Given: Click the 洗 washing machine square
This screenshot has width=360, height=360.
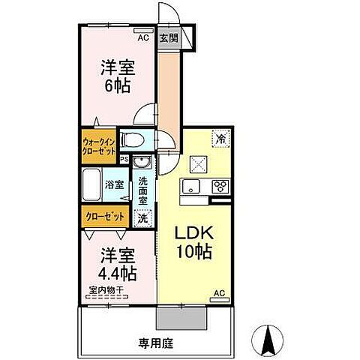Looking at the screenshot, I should tap(142, 217).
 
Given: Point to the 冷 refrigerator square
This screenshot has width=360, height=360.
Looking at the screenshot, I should tap(221, 137).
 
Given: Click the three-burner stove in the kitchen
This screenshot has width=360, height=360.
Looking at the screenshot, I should tap(222, 186).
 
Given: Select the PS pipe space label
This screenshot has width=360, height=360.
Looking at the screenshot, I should tap(124, 159).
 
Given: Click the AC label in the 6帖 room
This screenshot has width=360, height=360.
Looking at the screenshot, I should tap(142, 34).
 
